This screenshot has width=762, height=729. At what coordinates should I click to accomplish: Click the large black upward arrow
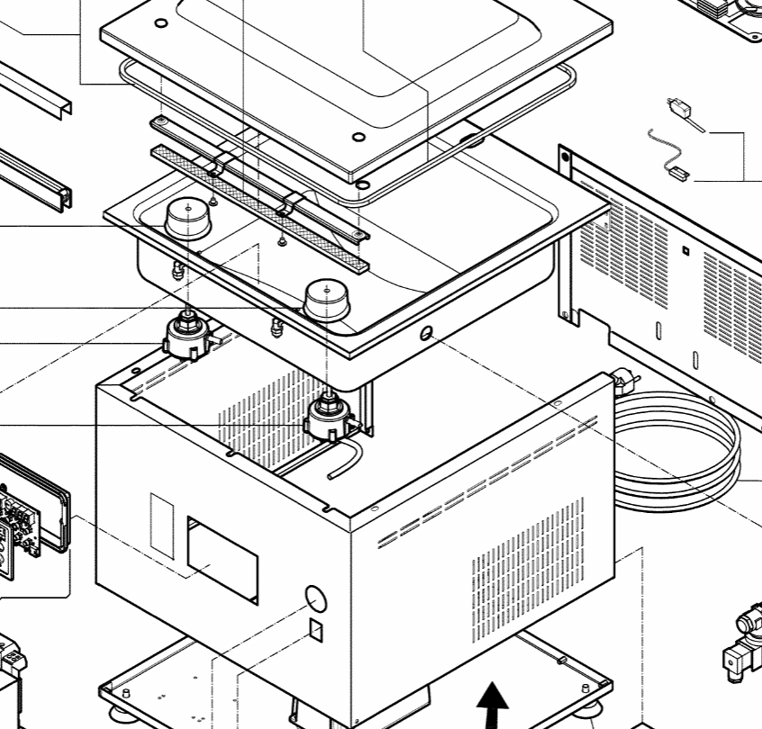pyautogui.click(x=491, y=705)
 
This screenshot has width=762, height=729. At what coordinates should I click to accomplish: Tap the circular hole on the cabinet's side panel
pyautogui.click(x=313, y=598)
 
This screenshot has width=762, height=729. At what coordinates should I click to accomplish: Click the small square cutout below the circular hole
pyautogui.click(x=316, y=628)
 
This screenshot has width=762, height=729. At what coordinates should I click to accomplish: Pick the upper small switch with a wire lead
pyautogui.click(x=684, y=112)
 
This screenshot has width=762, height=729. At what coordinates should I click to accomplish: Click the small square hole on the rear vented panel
pyautogui.click(x=685, y=250)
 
